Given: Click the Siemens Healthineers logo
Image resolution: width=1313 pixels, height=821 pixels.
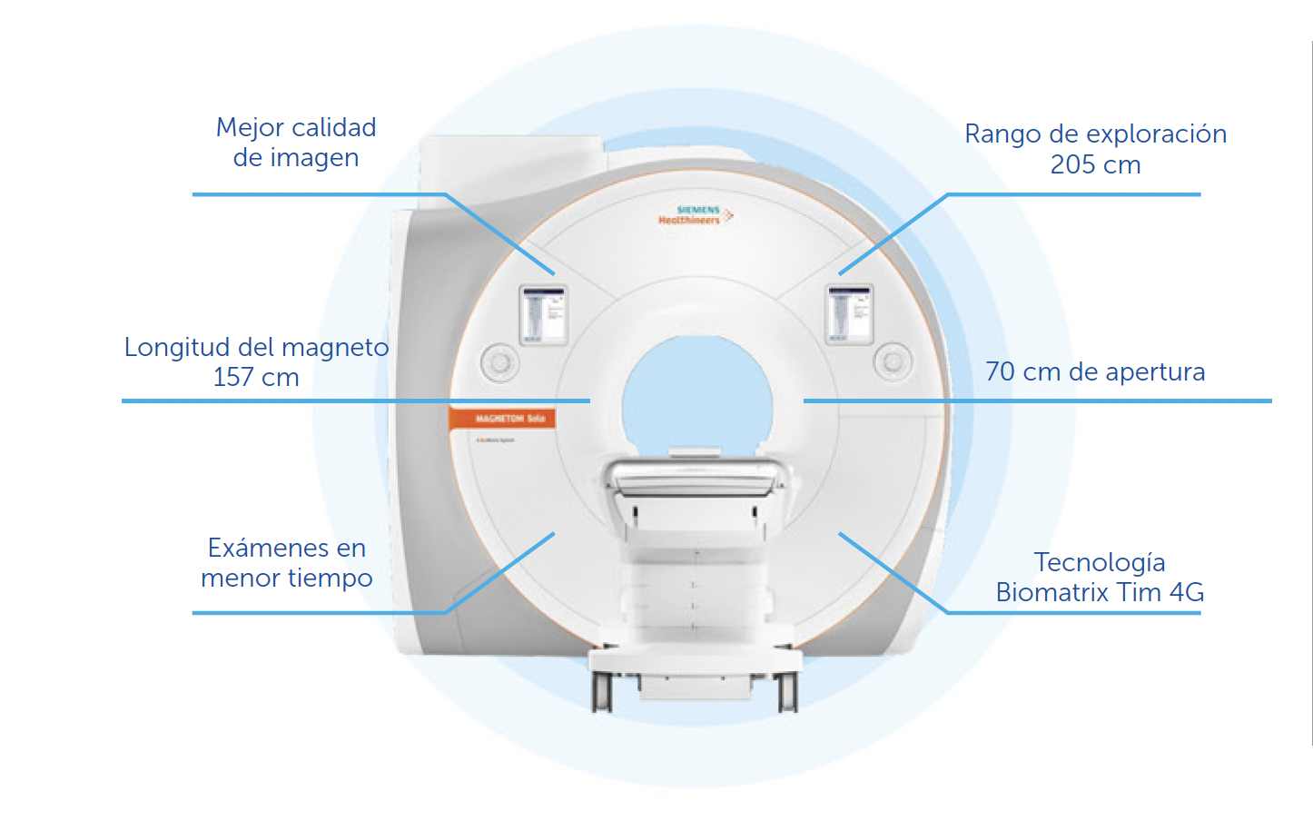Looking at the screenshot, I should (695, 215).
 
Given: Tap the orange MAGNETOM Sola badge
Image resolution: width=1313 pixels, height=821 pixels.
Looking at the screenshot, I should (502, 419).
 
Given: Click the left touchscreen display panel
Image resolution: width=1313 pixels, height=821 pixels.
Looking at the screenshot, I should (543, 314).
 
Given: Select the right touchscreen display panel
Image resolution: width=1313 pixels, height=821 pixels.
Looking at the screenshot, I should (849, 314).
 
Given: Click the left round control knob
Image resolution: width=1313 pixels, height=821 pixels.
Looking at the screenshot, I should (499, 362).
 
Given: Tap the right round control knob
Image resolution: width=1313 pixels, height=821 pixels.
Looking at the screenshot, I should (893, 361).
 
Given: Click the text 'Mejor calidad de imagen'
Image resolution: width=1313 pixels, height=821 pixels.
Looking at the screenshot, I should (296, 143).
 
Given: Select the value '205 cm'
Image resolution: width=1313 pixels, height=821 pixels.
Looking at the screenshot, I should (1095, 165).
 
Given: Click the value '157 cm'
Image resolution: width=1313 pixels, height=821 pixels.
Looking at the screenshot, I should (256, 378).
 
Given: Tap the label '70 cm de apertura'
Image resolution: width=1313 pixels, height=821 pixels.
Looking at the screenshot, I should (1095, 371).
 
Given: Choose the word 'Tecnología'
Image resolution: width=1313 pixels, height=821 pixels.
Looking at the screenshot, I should (1099, 562).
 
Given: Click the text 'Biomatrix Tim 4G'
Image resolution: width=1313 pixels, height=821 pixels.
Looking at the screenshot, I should (1100, 593).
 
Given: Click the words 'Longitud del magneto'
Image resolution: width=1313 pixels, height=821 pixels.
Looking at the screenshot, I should (256, 347).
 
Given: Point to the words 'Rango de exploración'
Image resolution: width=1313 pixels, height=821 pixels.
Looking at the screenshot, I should (1095, 134).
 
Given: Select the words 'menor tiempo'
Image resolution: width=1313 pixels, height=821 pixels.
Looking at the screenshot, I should (287, 579).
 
